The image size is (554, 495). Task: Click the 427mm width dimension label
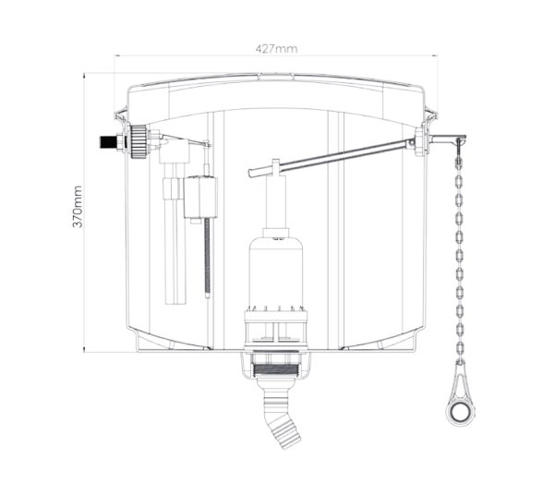[x=276, y=49]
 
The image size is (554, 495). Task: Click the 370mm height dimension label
[x=78, y=207]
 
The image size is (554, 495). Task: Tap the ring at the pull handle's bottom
[x=460, y=412]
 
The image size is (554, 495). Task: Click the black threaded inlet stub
[x=108, y=142]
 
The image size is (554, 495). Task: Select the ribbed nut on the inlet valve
[x=138, y=141]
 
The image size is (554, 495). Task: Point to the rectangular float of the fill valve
[x=200, y=198]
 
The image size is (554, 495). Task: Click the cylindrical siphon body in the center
[x=275, y=272]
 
